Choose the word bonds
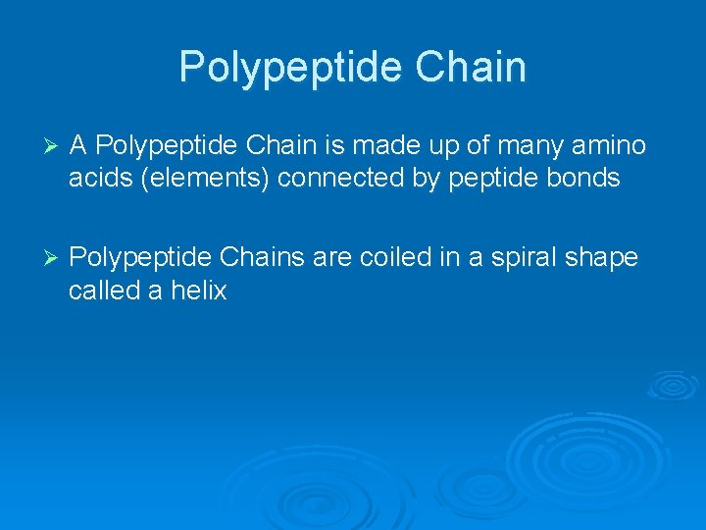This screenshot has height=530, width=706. (585, 179)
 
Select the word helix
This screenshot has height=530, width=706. (200, 291)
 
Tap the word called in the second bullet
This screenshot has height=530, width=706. (104, 291)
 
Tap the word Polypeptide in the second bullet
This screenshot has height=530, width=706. (141, 258)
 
